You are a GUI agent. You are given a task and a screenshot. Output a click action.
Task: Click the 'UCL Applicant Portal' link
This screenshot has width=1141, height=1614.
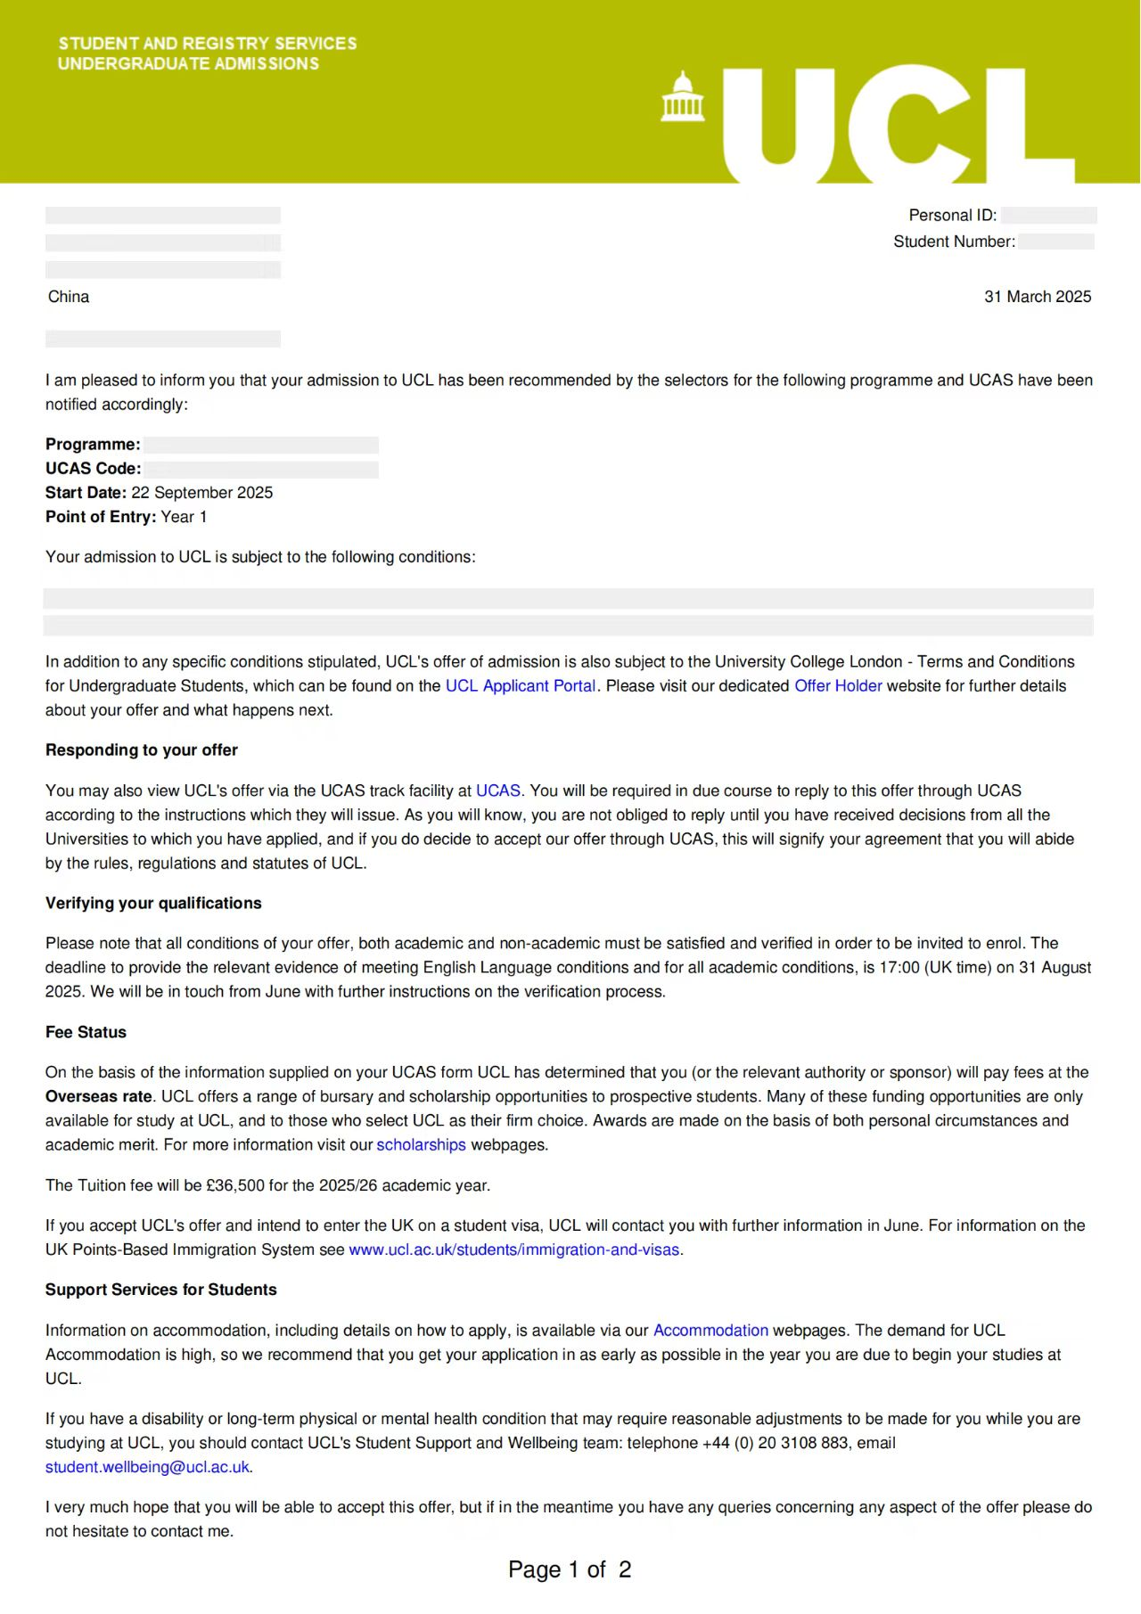[521, 685]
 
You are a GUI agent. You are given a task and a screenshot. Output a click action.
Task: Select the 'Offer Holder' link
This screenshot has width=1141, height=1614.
[838, 685]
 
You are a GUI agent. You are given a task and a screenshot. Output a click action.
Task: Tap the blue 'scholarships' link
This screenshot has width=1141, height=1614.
[421, 1144]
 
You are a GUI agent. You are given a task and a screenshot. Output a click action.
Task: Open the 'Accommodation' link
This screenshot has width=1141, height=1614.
[710, 1330]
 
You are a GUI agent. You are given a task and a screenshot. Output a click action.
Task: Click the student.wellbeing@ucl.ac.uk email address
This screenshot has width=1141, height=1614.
[147, 1467]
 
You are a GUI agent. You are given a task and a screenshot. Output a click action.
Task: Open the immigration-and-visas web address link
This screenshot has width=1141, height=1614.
[513, 1249]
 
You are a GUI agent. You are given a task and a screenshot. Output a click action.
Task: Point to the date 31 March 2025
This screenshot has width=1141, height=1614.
[1038, 297]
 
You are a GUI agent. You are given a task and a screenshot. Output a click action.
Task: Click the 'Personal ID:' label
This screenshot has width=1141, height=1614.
[952, 215]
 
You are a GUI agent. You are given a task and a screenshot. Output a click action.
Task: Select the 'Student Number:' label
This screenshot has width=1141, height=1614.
[954, 242]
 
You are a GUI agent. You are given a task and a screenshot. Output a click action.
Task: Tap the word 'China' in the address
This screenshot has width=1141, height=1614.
[69, 297]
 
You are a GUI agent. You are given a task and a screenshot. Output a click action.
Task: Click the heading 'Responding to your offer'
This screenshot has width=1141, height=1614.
[142, 750]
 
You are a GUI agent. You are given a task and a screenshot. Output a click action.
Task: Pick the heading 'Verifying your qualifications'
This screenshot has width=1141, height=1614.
[153, 903]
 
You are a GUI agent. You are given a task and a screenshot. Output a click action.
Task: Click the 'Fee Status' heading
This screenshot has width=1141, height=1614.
[86, 1032]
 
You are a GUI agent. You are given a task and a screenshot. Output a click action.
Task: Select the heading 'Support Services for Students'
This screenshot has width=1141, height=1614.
[161, 1290]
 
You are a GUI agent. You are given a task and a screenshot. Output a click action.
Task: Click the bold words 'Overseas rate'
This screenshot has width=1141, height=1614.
[99, 1096]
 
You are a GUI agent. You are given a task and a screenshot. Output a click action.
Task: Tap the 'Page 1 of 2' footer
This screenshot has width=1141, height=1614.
[570, 1569]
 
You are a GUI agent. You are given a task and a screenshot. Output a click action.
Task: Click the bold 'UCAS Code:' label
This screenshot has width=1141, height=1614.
[94, 469]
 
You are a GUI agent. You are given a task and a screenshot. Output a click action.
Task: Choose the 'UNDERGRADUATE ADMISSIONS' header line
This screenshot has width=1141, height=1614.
[188, 63]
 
